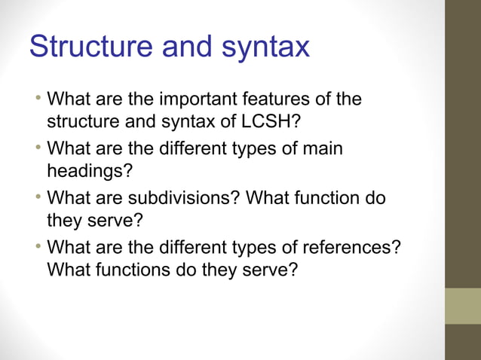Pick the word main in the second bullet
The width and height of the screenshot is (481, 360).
(x=322, y=149)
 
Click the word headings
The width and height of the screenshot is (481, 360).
(x=85, y=171)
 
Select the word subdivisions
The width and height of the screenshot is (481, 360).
(x=185, y=199)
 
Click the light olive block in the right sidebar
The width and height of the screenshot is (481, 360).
(x=462, y=306)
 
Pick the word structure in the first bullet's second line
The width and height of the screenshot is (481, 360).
(x=81, y=121)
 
